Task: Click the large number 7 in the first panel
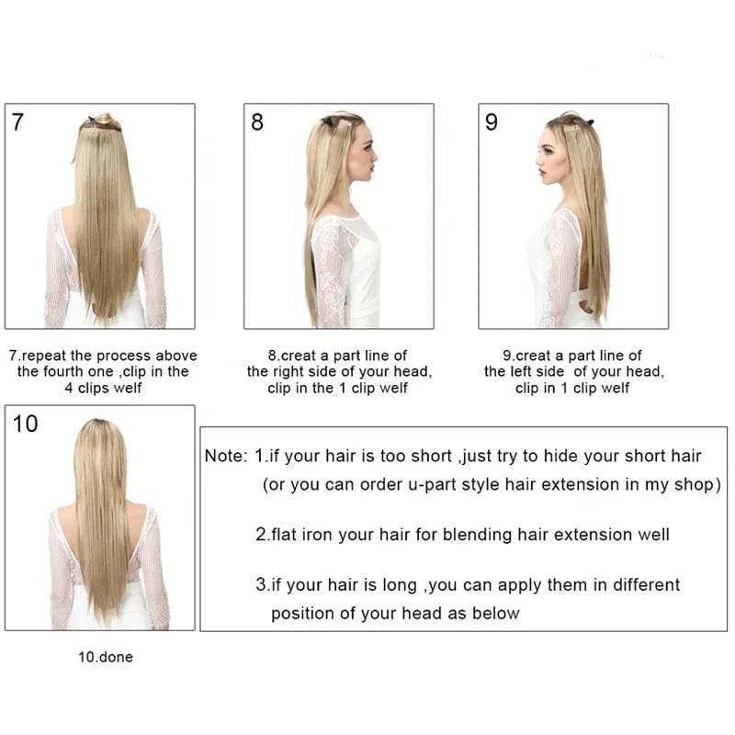tap(17, 122)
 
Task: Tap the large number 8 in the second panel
tap(257, 122)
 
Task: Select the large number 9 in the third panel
tap(492, 122)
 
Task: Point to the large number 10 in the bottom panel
tap(26, 424)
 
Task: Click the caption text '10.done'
tap(106, 657)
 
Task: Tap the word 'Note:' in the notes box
tap(226, 456)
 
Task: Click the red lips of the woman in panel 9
tap(541, 172)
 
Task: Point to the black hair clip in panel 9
tap(590, 123)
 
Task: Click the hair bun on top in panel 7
tap(104, 120)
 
